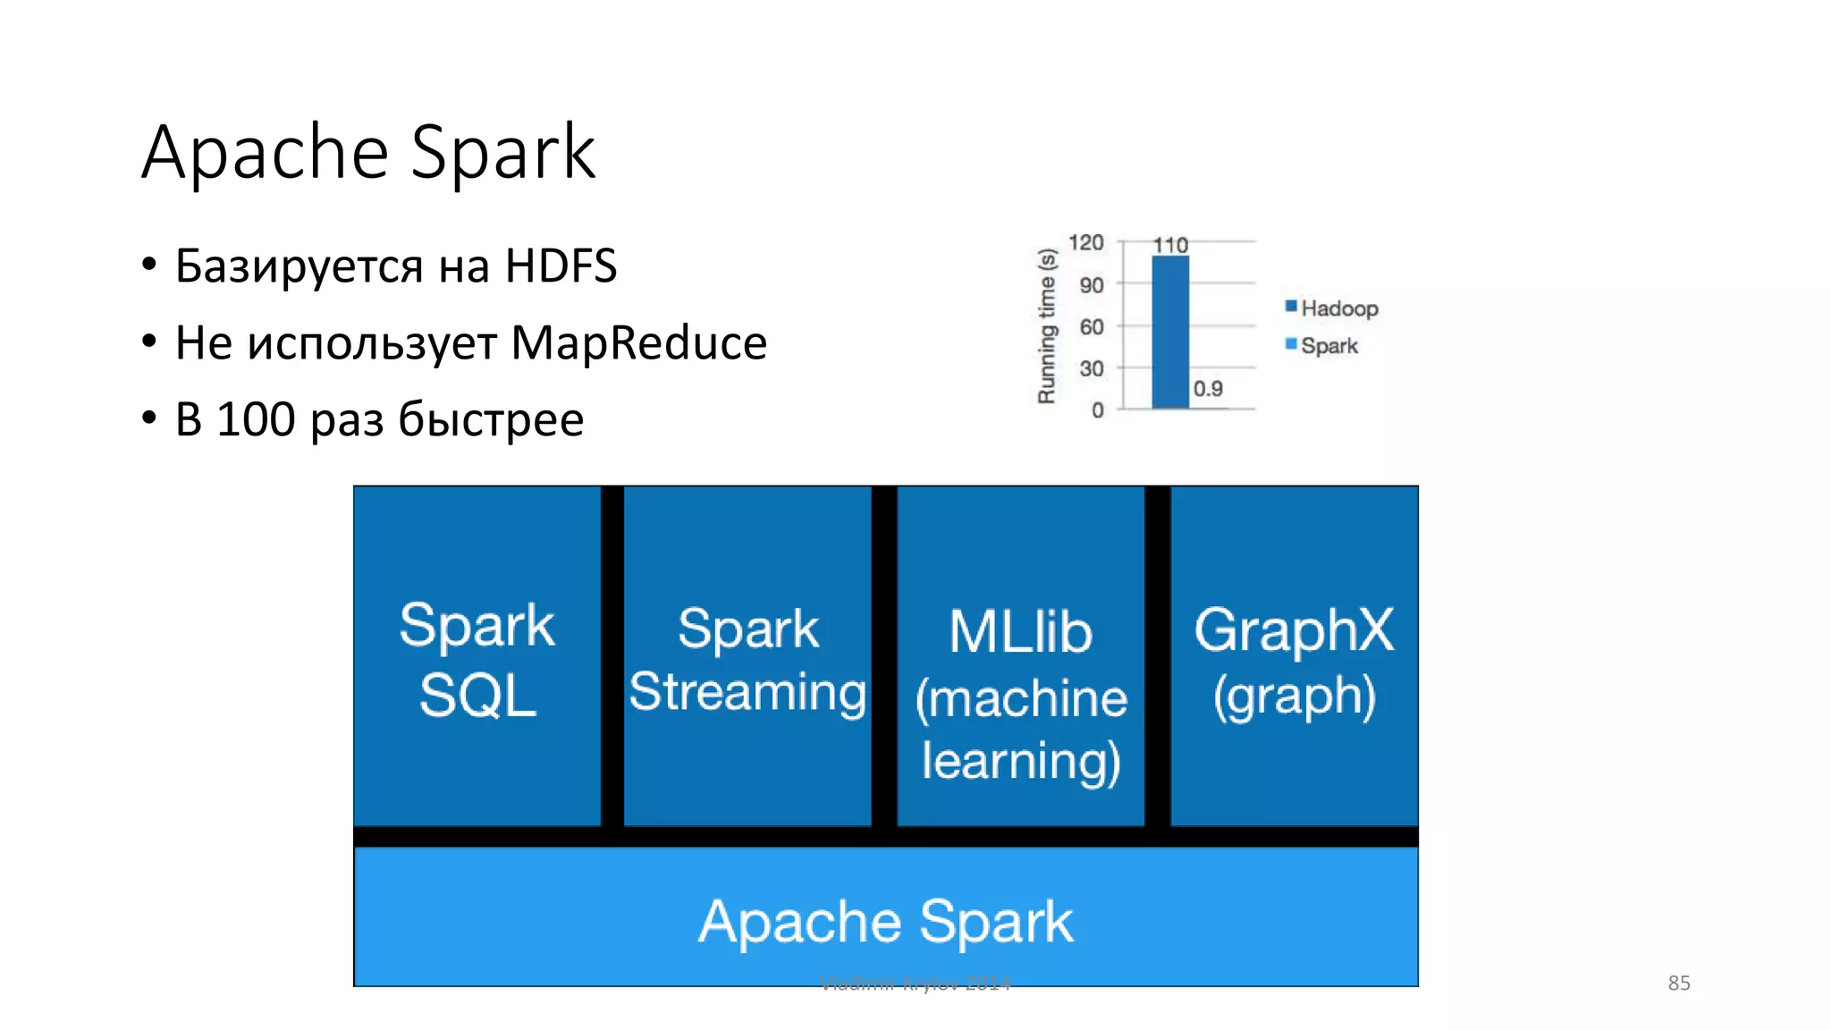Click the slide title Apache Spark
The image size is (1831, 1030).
tap(368, 152)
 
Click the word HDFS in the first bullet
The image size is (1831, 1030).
tap(561, 266)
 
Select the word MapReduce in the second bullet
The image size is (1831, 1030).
tap(638, 342)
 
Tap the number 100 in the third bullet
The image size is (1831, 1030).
tap(256, 419)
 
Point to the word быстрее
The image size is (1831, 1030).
tap(491, 419)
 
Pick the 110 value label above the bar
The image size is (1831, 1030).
tap(1170, 244)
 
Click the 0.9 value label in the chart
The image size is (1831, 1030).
tap(1208, 389)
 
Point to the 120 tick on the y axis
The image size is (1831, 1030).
tap(1086, 242)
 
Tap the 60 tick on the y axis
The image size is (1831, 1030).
tap(1092, 326)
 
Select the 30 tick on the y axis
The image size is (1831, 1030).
tap(1092, 368)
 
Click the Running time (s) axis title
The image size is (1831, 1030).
tap(1047, 326)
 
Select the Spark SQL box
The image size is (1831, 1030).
tap(477, 657)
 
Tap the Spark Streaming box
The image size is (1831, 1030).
tap(747, 657)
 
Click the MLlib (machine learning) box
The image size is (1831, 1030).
tap(1020, 657)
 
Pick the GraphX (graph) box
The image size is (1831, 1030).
tap(1294, 657)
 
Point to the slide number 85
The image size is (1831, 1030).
tap(1678, 983)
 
